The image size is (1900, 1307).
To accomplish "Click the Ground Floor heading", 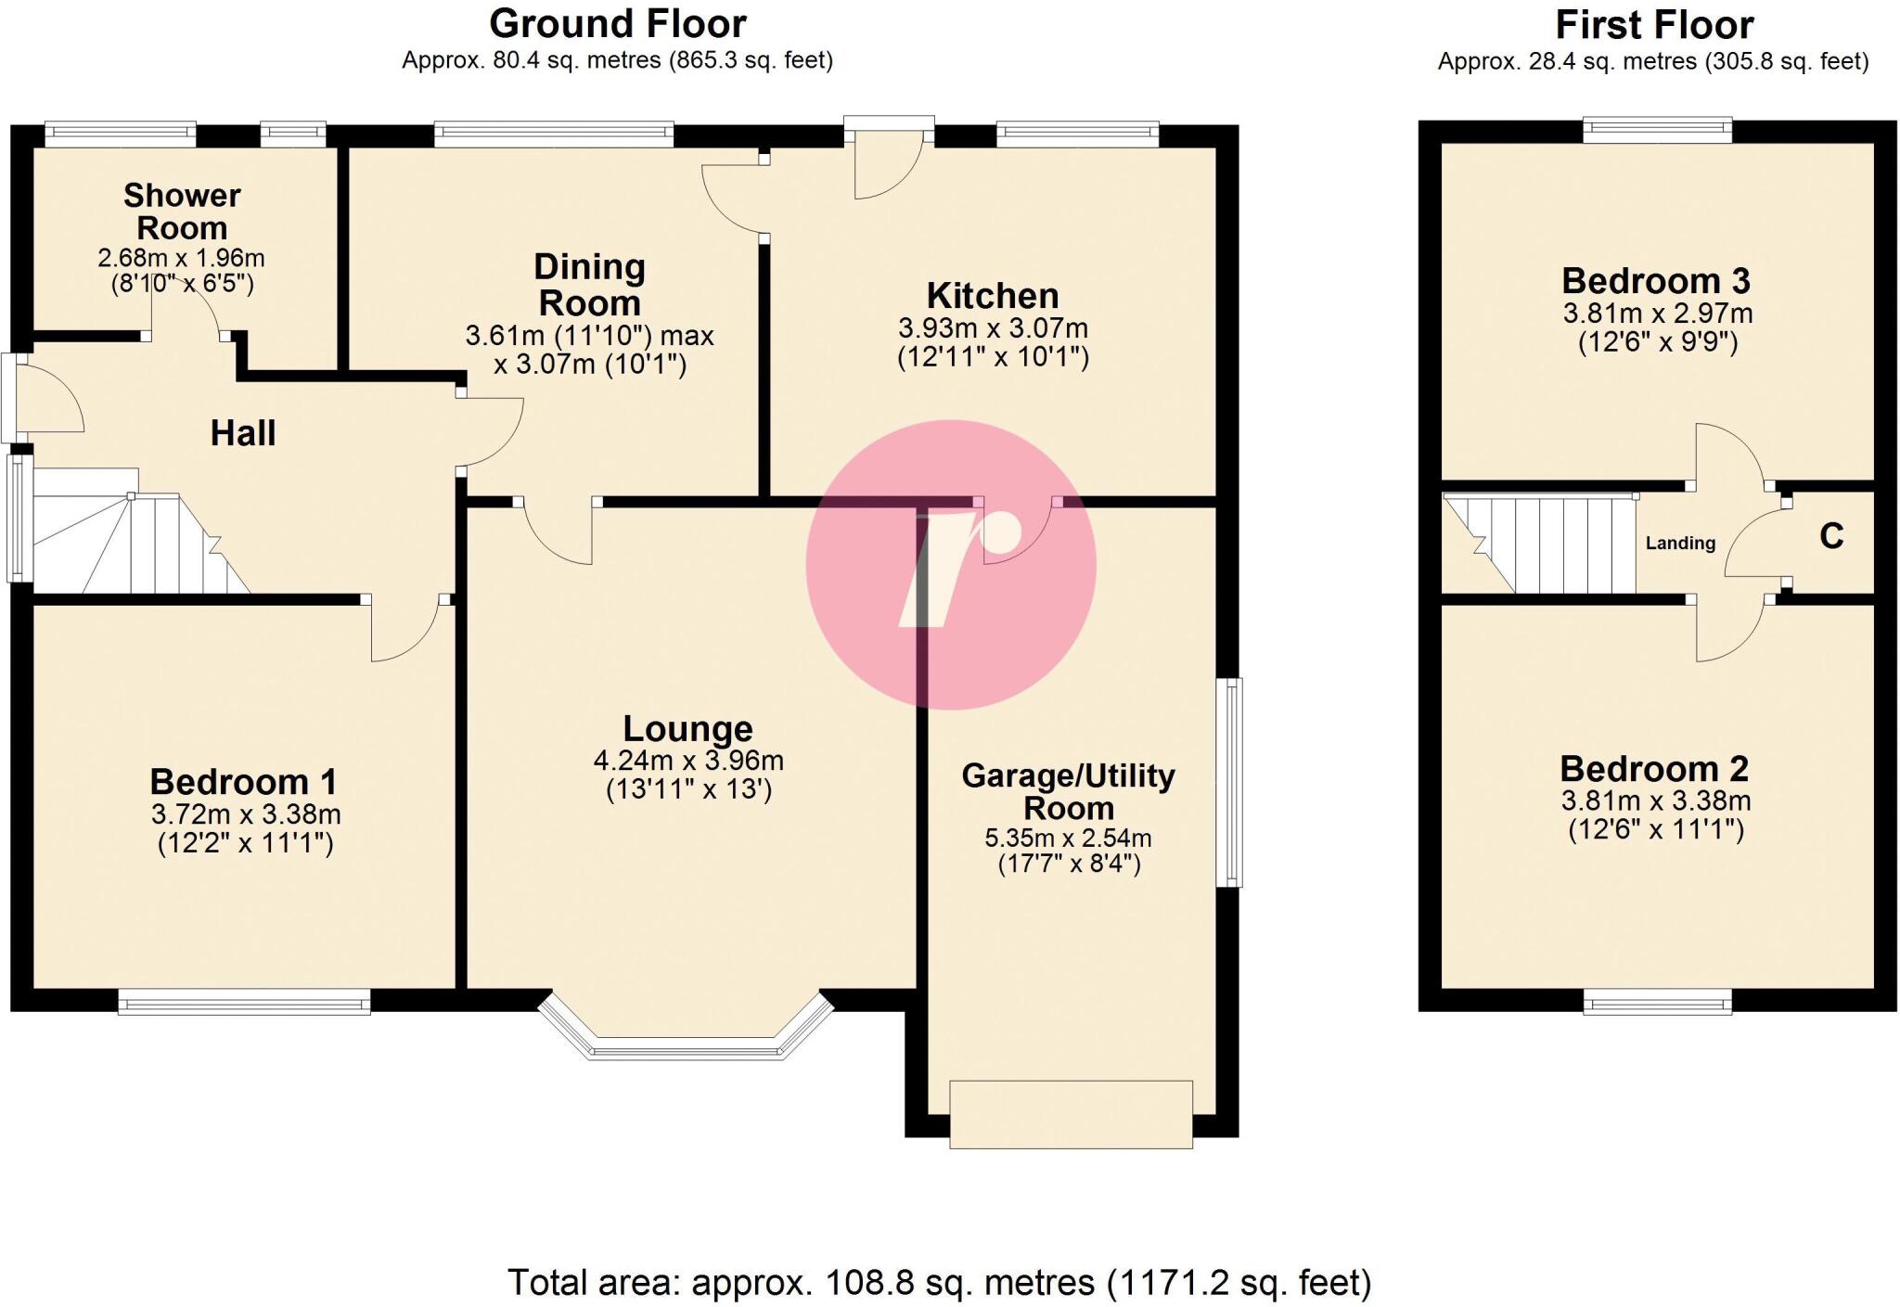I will click(x=617, y=24).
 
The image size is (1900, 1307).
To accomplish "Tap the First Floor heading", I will click(x=1654, y=25).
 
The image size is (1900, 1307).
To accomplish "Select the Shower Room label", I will click(x=182, y=211).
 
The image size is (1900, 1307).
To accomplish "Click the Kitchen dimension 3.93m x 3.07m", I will click(x=993, y=327).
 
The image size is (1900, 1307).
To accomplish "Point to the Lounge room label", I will click(x=687, y=728).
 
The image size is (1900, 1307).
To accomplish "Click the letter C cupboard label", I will click(x=1830, y=536).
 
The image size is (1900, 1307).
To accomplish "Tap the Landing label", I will click(x=1680, y=544).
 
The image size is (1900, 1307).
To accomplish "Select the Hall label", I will click(x=243, y=433).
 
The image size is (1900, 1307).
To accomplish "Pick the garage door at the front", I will click(x=1071, y=1113).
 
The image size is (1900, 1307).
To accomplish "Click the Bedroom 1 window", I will click(x=244, y=1001).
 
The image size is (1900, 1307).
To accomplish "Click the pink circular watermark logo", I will click(x=951, y=565).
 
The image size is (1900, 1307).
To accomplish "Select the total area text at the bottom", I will click(x=939, y=1283).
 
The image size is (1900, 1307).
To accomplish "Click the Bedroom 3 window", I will click(x=1657, y=129).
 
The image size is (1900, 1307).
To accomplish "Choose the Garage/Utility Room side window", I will click(x=1229, y=782).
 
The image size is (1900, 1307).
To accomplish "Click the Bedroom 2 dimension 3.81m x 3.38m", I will click(x=1655, y=801).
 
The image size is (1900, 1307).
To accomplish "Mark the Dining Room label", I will click(x=589, y=285).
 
